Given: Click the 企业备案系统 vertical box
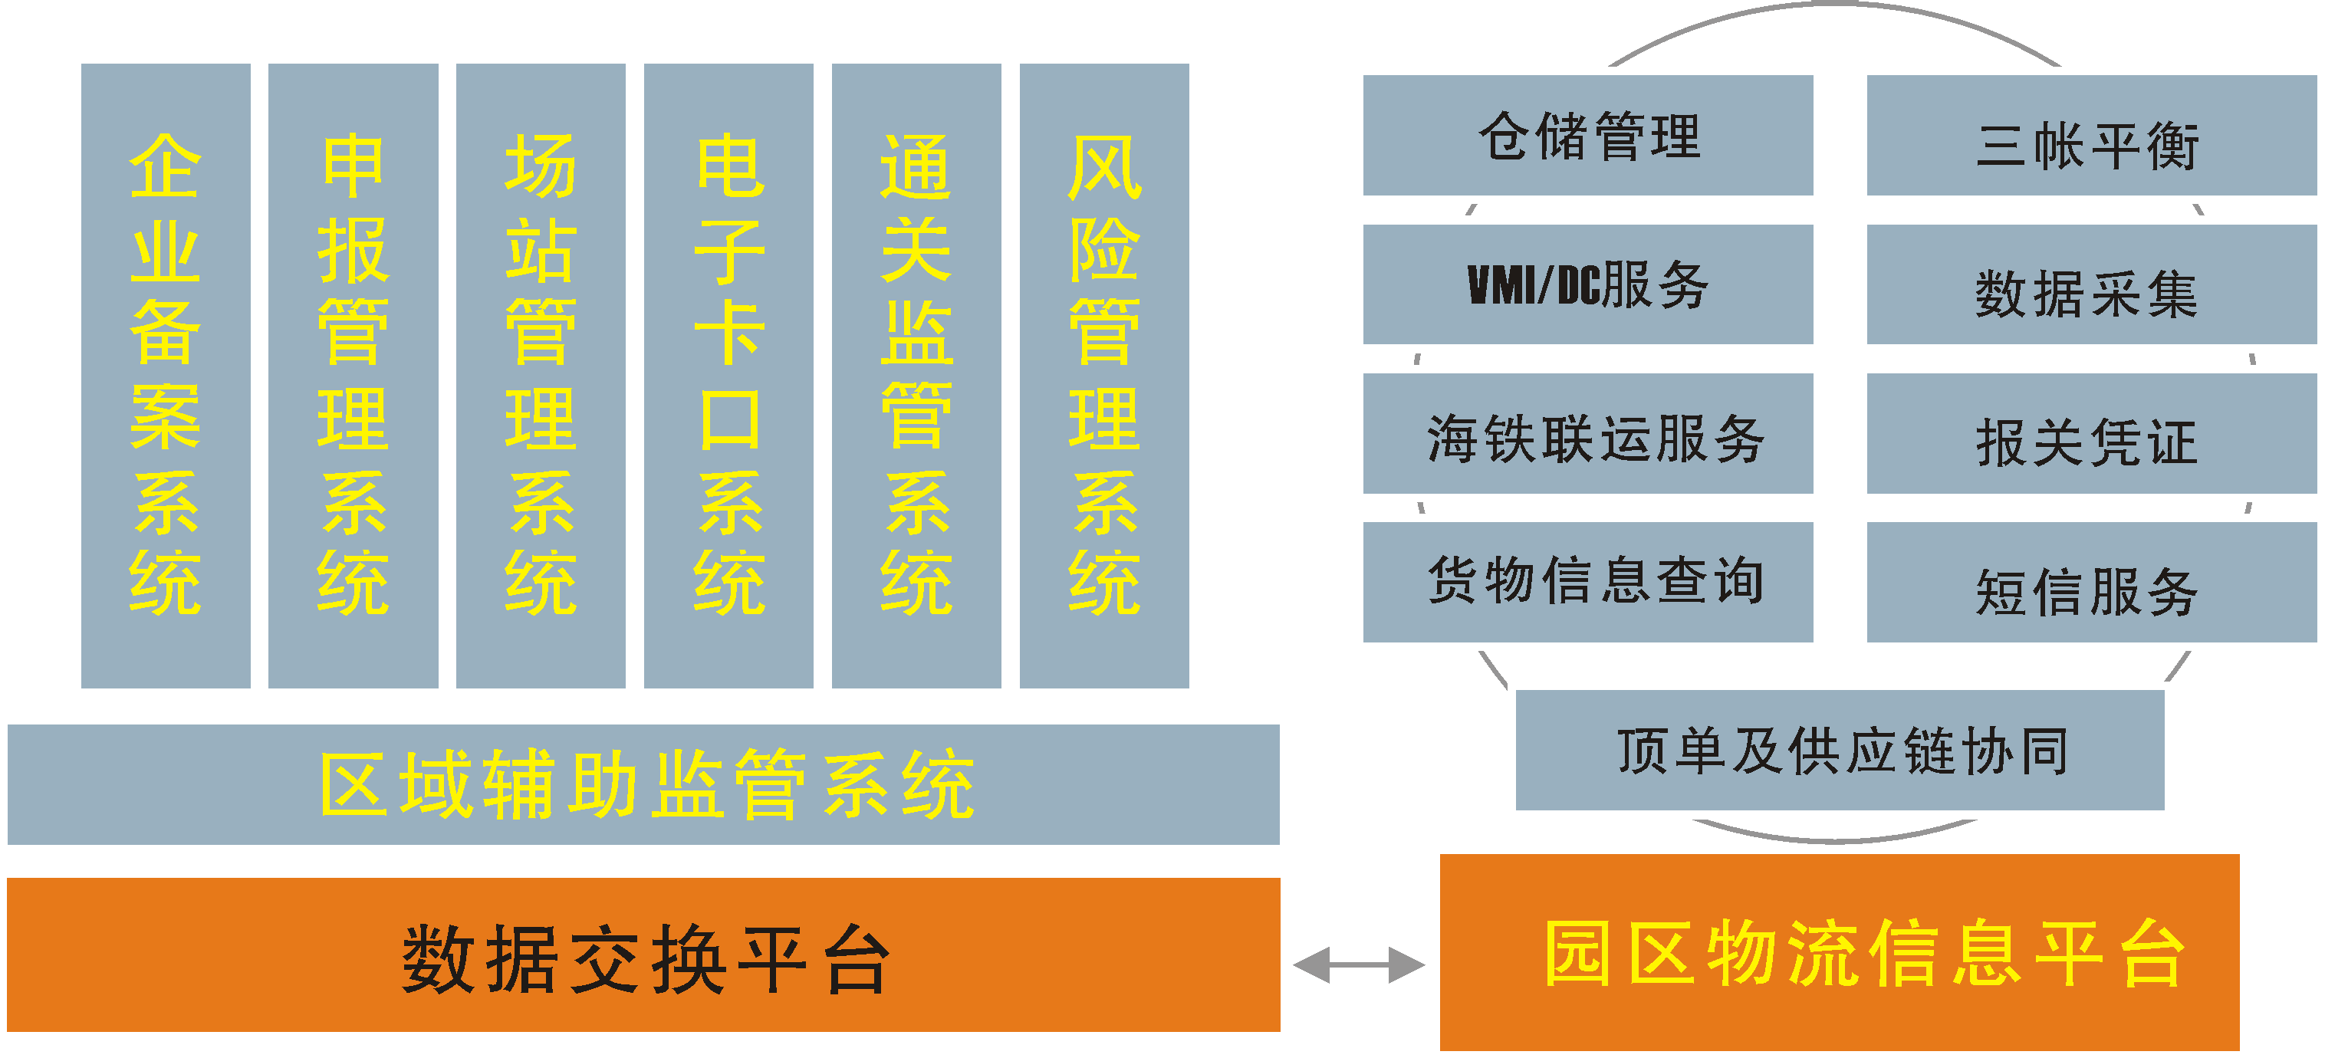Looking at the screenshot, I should click(x=165, y=376).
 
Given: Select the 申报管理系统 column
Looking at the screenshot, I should click(x=353, y=376).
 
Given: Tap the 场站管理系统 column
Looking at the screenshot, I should click(x=541, y=376).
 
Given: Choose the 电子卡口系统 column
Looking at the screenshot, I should click(x=728, y=376).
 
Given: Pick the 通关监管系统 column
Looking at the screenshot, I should click(x=916, y=376).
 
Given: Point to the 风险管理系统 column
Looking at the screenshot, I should click(x=1103, y=376).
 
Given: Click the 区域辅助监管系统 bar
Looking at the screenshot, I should click(x=643, y=784).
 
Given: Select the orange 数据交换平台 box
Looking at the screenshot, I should click(x=643, y=955).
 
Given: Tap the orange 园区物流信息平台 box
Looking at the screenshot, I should click(x=1840, y=952).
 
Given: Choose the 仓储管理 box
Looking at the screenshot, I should click(x=1587, y=136).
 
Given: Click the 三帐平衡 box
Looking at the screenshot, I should click(x=2090, y=136).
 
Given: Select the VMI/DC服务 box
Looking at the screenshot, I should click(x=1587, y=284).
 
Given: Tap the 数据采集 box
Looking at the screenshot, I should click(x=2090, y=284).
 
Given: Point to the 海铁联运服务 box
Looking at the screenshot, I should click(x=1587, y=433).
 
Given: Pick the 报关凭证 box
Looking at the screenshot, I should click(x=2090, y=433).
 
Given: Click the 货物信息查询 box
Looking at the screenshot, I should click(x=1587, y=581).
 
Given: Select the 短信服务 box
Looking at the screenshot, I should click(x=2090, y=581).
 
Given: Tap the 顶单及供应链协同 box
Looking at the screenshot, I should click(x=1840, y=750).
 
